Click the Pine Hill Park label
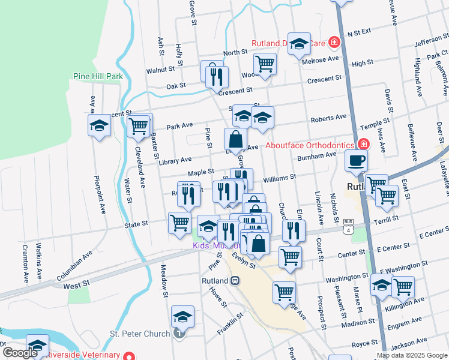click(x=98, y=76)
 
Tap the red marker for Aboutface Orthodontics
click(x=363, y=144)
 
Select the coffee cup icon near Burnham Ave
click(x=357, y=161)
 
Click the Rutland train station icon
click(x=235, y=280)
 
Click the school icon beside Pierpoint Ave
click(x=99, y=125)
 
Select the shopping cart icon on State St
click(x=179, y=223)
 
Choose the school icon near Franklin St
click(x=182, y=316)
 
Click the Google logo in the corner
click(x=20, y=353)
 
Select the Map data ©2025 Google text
click(x=411, y=355)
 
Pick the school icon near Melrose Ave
click(x=299, y=43)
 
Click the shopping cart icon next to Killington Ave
click(x=402, y=286)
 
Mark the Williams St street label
click(x=279, y=178)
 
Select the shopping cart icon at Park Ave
click(x=139, y=125)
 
